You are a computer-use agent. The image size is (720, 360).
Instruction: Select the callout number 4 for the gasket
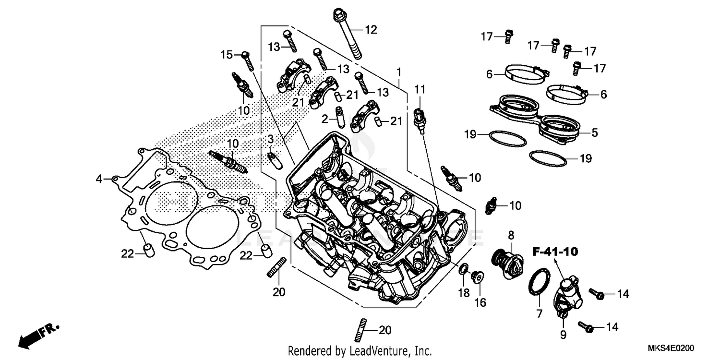[x=99, y=179]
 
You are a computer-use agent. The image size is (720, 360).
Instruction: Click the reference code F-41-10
[x=554, y=251]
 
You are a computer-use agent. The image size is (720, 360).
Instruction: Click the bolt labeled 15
[x=248, y=60]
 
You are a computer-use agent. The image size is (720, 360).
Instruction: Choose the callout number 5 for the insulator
[x=594, y=132]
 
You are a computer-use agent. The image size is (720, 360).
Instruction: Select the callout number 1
[x=398, y=72]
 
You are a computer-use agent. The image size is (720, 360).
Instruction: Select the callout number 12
[x=371, y=30]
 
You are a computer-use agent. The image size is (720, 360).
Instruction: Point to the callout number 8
[x=511, y=235]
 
